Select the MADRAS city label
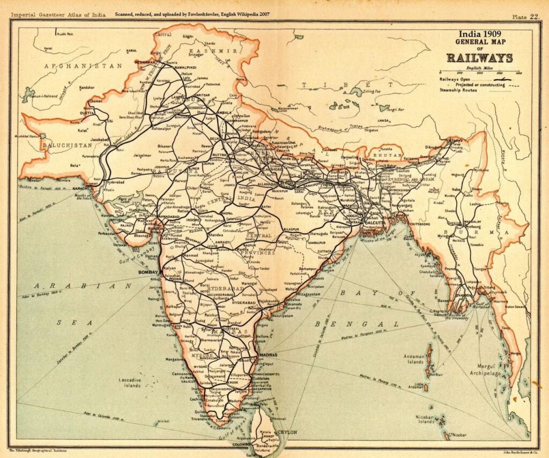267,355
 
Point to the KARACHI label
79,189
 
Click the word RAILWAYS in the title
480,58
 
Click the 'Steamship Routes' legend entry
457,90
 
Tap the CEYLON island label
286,431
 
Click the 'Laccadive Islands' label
130,382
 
